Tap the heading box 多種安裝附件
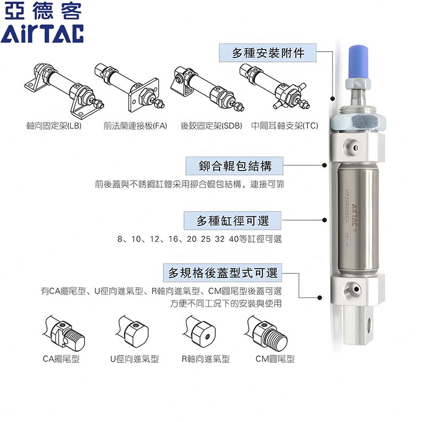(x=268, y=53)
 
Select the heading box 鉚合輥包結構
(x=235, y=166)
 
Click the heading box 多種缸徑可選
(x=232, y=221)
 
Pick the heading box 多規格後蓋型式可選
(x=223, y=274)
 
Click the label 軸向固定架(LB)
(x=54, y=126)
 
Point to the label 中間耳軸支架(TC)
(x=285, y=126)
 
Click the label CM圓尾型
(x=275, y=359)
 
